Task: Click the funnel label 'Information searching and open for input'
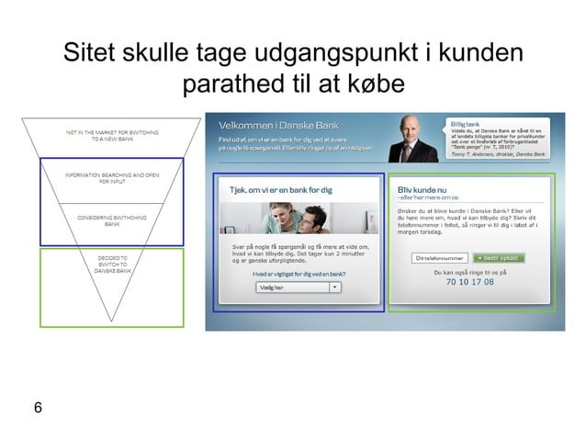coord(112,177)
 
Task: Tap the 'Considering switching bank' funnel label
coord(112,219)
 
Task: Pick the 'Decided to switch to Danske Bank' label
coord(113,265)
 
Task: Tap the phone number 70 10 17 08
coord(469,283)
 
